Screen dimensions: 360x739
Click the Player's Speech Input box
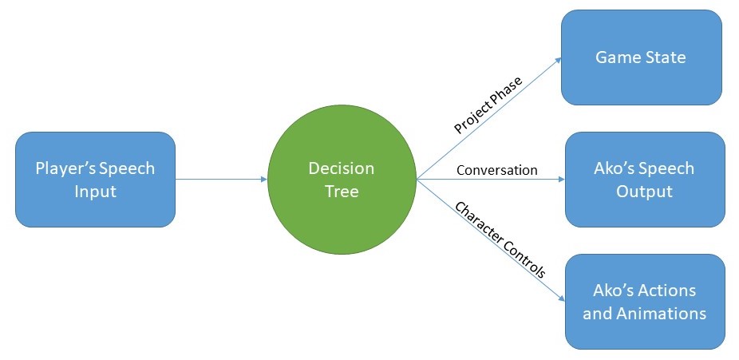95,180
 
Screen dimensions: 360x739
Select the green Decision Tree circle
342,180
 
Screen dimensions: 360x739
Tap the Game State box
641,57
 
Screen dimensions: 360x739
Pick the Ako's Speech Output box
644,180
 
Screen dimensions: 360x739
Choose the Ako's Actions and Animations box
644,301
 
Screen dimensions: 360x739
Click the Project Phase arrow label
488,105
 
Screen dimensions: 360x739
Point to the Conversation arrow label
496,170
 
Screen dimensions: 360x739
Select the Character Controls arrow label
500,239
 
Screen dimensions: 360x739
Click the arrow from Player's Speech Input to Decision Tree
221,180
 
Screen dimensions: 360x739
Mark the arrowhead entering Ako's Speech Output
560,180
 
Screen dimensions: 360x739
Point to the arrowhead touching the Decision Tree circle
263,180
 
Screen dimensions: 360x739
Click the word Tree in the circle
342,192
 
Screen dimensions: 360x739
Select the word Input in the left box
95,192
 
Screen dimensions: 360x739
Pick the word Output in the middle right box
644,192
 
